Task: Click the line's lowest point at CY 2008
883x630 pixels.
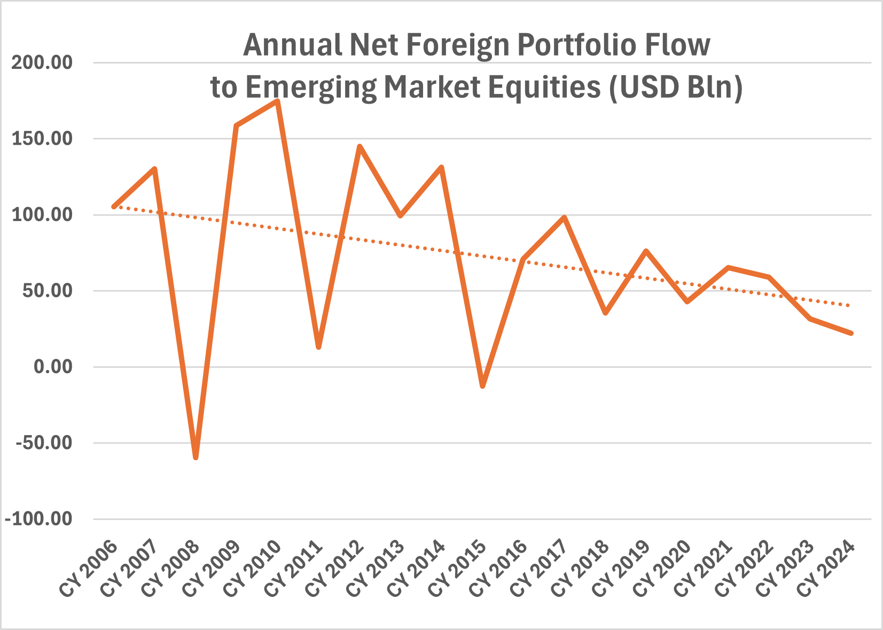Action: pos(196,458)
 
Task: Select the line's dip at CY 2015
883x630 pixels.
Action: pos(483,385)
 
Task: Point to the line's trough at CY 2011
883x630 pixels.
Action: pos(318,347)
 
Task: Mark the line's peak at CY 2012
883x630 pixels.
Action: pos(360,146)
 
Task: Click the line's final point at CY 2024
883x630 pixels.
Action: pos(851,333)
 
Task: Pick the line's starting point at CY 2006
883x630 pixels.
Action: pos(114,207)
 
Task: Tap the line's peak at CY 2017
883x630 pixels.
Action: pos(564,217)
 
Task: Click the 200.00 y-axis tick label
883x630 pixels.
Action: pos(42,63)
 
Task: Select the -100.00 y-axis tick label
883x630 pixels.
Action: pos(38,519)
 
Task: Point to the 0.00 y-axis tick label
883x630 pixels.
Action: pos(52,367)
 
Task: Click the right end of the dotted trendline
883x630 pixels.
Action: pos(849,305)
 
